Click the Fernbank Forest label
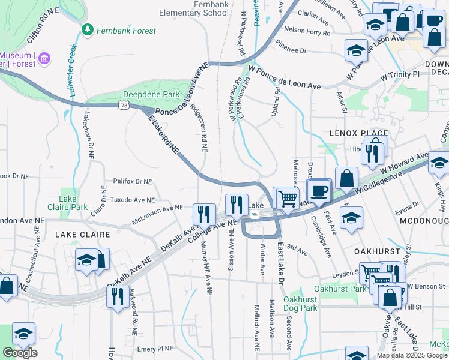125,31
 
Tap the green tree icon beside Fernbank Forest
88,29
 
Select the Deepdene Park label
143,95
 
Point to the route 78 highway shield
124,105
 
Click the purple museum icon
44,59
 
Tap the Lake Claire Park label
74,203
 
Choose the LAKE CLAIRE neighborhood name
84,235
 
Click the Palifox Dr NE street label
132,181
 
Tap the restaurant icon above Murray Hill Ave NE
204,214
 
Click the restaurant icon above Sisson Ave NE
237,205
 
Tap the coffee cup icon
318,191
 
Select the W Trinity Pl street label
400,74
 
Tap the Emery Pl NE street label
155,349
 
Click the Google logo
20,353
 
